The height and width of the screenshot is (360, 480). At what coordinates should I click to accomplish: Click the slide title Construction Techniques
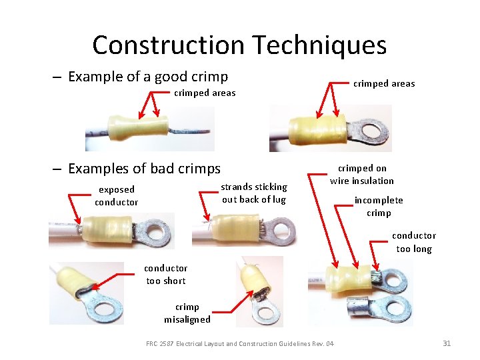coord(239,45)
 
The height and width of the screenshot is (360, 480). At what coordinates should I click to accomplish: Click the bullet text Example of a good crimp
coord(147,76)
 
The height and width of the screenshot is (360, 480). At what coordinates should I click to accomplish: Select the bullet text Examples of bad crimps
coord(143,168)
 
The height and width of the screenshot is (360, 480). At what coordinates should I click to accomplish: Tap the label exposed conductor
coord(117,195)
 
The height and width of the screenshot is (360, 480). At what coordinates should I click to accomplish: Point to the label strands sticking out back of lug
coord(253,193)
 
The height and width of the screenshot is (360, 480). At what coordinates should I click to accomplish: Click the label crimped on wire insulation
coord(362,174)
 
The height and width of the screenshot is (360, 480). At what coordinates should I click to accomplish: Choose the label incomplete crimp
coord(378,206)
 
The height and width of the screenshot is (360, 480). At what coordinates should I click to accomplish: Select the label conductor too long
coord(413,242)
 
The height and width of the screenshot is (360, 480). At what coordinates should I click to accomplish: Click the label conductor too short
coord(166,274)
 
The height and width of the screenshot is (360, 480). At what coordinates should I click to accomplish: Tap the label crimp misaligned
coord(187,313)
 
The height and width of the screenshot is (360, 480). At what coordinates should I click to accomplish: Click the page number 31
coord(447,343)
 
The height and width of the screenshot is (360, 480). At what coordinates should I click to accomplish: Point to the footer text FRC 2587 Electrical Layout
coord(240,343)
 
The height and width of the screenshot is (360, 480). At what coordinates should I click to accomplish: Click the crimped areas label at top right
coord(383,83)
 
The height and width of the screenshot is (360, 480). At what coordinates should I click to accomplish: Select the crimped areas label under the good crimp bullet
coord(205,93)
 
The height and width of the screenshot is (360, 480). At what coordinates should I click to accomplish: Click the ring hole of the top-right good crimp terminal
coord(372,129)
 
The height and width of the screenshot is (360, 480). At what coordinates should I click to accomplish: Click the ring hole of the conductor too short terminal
coord(105,309)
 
